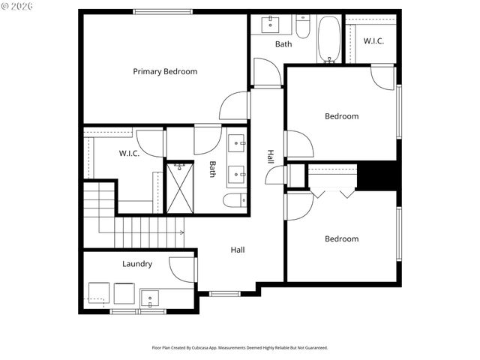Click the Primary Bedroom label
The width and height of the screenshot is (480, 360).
coord(165,71)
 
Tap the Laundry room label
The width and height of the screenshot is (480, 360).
coord(137,264)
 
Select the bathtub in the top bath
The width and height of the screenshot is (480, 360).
coord(329,39)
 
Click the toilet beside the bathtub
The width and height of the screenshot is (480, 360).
coord(303,28)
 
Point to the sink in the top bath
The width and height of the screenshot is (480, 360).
coord(269,25)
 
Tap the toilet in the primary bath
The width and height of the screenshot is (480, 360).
coord(233,200)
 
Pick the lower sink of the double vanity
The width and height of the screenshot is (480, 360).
coord(236,174)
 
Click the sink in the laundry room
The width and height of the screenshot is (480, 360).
coord(151,299)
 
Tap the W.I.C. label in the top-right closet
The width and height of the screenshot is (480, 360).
coord(373,41)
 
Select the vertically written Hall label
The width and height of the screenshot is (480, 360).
coord(270,157)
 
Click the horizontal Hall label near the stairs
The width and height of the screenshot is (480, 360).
coord(237,250)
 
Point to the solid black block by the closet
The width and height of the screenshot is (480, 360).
coord(377,177)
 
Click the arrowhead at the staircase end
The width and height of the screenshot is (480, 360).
coord(182,232)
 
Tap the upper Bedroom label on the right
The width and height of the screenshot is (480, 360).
coord(341,116)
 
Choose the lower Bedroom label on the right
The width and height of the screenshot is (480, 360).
coord(341,239)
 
